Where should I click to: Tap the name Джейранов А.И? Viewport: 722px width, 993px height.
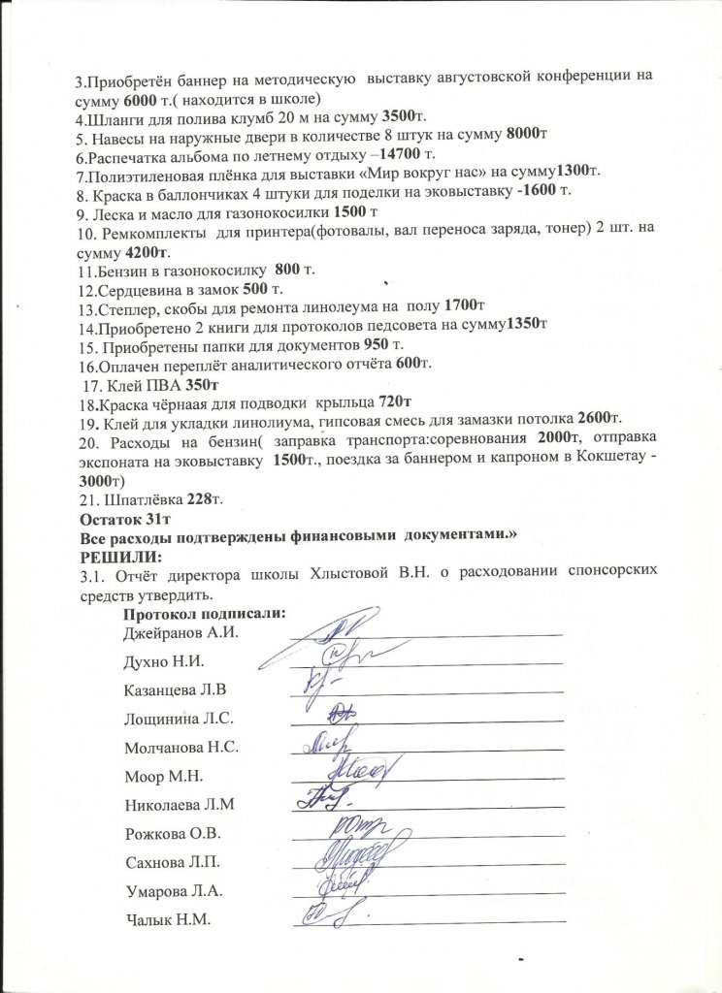181,632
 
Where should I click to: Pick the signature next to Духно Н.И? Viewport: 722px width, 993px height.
332,658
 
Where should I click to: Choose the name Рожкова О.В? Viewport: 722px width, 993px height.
174,834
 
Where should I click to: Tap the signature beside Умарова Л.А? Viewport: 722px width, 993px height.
335,885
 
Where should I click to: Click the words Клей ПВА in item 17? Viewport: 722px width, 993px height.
131,383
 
